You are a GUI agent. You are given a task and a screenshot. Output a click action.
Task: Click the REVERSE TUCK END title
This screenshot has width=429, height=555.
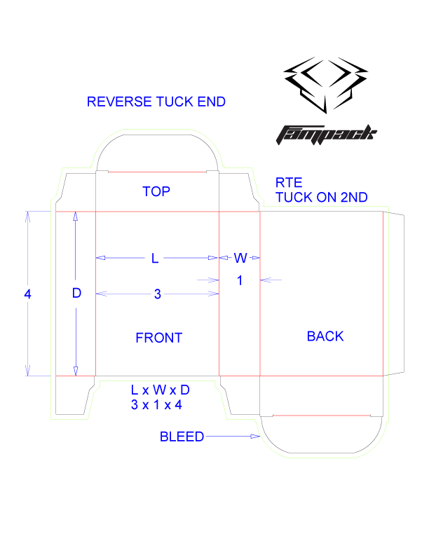point(156,101)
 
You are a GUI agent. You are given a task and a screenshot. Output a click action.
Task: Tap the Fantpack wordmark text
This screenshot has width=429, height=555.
point(327,132)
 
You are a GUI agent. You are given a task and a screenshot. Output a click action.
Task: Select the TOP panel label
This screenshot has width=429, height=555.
point(156,191)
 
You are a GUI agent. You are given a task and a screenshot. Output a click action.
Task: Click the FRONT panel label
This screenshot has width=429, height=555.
point(158,338)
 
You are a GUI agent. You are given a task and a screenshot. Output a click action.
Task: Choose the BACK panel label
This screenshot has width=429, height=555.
point(325,336)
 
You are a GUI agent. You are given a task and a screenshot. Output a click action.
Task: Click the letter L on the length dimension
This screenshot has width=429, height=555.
point(156,259)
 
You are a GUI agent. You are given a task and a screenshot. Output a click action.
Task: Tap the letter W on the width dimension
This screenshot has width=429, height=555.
point(240,258)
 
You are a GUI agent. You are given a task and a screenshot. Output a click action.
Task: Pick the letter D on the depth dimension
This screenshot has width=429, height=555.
point(77,294)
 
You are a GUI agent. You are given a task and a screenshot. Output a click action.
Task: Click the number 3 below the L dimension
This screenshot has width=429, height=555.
point(157,294)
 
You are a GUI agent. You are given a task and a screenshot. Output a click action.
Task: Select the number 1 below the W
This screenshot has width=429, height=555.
point(240,280)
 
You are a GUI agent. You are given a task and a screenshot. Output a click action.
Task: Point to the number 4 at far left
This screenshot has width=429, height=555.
point(28,294)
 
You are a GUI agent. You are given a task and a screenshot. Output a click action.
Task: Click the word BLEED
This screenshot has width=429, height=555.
point(182,437)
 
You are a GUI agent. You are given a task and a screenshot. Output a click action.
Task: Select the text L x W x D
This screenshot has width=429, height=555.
point(161,390)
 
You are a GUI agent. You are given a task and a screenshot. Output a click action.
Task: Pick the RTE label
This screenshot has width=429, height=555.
point(288,183)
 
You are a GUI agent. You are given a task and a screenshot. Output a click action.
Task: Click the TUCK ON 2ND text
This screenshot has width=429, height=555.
point(321,198)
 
